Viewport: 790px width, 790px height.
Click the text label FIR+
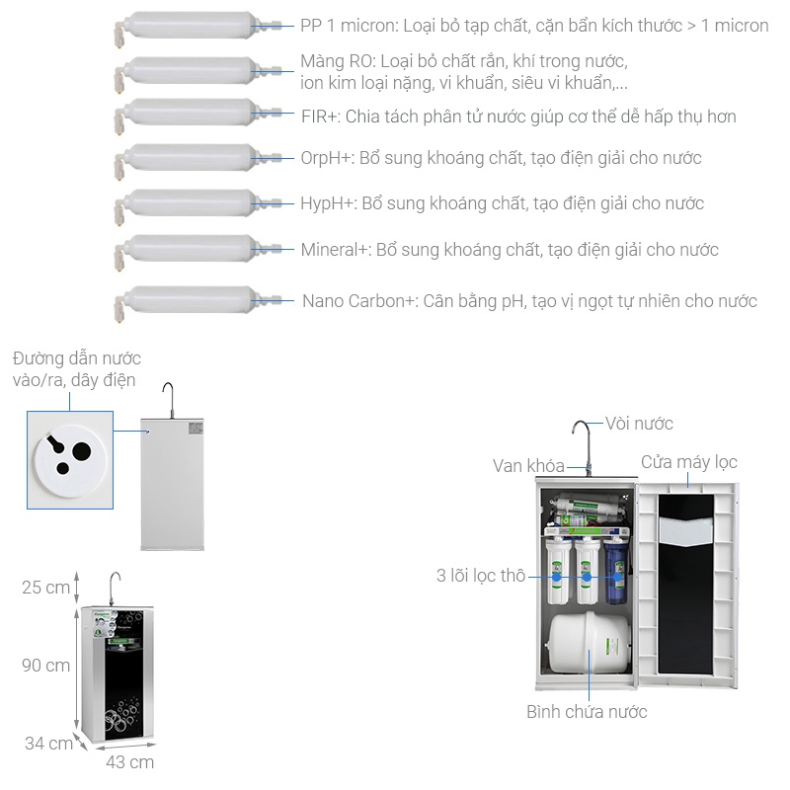tap(321, 117)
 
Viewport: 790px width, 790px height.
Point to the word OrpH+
tap(327, 158)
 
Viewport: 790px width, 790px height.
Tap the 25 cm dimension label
tap(45, 588)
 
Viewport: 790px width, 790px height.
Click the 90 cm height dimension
tap(45, 666)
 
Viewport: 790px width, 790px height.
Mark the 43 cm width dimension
tap(129, 762)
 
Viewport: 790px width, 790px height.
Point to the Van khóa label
tap(528, 466)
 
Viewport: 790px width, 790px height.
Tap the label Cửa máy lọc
tap(688, 462)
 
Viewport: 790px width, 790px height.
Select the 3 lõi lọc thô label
tap(481, 576)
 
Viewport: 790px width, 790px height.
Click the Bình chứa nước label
tap(587, 712)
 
